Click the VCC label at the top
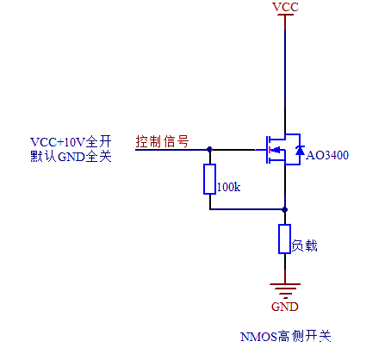coord(285,7)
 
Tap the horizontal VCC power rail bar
coord(285,17)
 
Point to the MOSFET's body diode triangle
coord(299,152)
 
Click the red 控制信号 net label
coord(162,140)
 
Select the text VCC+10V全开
coord(71,141)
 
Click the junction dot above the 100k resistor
coord(209,149)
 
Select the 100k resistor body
coord(209,179)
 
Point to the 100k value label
coord(228,186)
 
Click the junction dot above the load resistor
coord(285,208)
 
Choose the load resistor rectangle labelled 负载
coord(285,239)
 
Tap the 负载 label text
coord(305,245)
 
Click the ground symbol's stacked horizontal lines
coord(285,289)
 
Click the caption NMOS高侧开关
coord(285,337)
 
